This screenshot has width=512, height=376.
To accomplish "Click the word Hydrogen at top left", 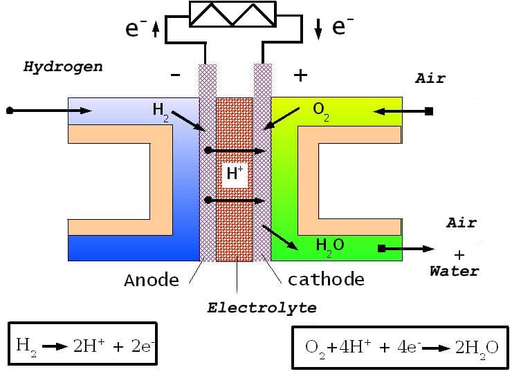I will pos(63,67).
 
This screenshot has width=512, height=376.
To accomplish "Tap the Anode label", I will pos(151,280).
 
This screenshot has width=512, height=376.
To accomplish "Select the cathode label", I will pos(325,279).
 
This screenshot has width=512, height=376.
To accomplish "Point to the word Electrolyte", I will pos(262,308).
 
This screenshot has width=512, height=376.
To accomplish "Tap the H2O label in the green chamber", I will pos(329,245).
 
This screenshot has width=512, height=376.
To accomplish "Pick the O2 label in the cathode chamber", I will pos(320,111).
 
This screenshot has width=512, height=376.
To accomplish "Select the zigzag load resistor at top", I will pos(234,15).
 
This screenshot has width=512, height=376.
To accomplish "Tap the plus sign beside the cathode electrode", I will pos(300,75).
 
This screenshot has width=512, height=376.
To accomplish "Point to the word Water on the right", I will pos(453,270).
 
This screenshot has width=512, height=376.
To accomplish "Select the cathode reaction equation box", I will pos(401,346).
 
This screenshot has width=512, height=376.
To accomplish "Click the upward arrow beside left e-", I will pos(156,29).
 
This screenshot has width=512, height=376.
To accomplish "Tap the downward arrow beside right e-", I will pos(318,29).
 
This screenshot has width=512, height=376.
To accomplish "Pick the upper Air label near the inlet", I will pos(430,78).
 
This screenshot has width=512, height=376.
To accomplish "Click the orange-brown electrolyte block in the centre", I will pos(235,221).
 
